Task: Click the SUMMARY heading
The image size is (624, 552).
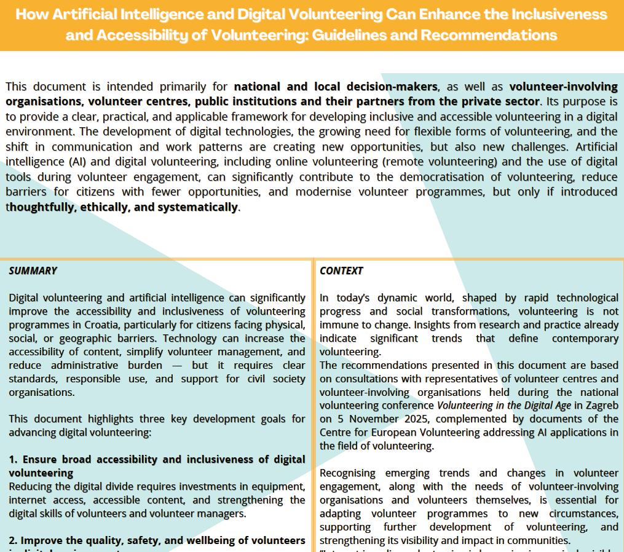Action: click(33, 270)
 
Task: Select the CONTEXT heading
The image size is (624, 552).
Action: click(341, 270)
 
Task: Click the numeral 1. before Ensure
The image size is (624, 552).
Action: click(14, 459)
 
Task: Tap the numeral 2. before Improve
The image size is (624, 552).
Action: click(14, 540)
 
